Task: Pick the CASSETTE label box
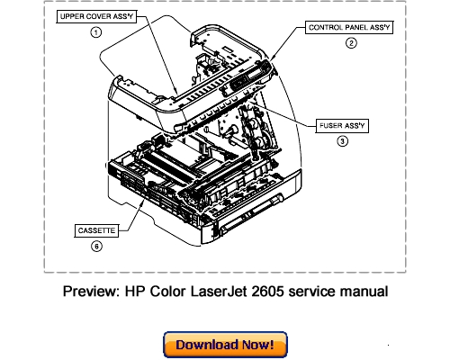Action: [95, 231]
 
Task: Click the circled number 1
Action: [95, 32]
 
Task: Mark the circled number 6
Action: [95, 247]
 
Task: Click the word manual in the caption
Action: [363, 292]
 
